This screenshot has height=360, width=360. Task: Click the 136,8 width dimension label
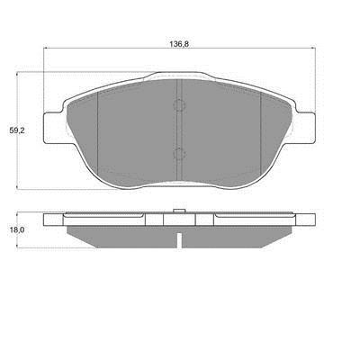(179, 44)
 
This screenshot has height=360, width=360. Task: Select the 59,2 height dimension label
(17, 130)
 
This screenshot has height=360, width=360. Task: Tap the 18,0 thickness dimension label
(17, 230)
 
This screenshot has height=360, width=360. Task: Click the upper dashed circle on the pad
(179, 105)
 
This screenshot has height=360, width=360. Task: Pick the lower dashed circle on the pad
(179, 154)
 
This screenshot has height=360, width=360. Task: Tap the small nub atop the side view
(179, 211)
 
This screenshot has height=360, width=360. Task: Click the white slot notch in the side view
(179, 240)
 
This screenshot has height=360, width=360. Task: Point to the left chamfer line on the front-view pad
(98, 133)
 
